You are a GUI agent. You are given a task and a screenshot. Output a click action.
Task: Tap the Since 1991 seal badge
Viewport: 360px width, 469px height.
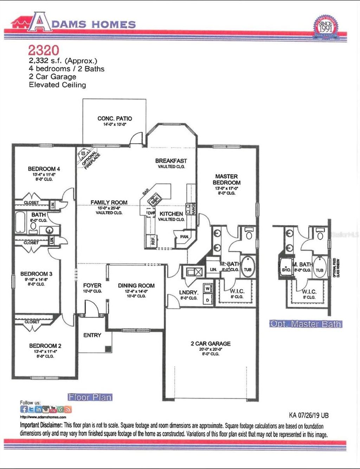325,26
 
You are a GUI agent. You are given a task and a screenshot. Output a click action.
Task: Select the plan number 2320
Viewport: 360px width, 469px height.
44,50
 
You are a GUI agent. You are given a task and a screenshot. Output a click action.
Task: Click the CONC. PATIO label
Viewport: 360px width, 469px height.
115,119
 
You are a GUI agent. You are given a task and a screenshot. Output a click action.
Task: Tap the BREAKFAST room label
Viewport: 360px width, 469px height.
171,161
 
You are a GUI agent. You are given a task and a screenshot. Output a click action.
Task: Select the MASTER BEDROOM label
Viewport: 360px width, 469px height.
226,179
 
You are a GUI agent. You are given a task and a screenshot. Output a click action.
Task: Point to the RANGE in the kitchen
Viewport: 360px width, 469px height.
193,208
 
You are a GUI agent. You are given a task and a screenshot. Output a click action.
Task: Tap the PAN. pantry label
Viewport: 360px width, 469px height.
184,237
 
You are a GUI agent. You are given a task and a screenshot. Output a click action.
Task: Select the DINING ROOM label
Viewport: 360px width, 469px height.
136,286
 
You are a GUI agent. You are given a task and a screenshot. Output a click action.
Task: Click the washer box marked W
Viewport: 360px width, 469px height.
207,289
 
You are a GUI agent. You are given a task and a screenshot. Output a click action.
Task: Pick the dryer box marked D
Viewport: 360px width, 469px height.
207,300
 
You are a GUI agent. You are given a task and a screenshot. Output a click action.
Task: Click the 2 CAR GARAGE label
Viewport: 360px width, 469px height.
211,343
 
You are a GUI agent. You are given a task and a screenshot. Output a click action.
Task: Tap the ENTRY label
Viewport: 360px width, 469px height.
92,335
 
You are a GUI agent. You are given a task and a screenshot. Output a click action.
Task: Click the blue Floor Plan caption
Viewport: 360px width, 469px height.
90,397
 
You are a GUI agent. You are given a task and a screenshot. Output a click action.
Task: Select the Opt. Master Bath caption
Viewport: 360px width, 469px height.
306,324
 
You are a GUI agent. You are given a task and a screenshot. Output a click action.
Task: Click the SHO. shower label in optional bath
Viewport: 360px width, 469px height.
287,270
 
